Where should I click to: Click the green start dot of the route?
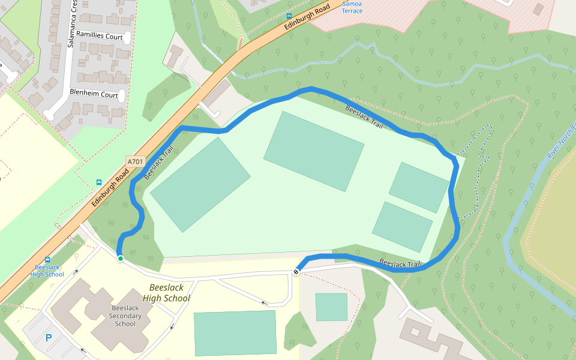(121, 259)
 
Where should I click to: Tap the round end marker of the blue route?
(296, 273)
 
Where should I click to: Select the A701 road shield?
(136, 161)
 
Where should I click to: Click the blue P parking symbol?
(49, 338)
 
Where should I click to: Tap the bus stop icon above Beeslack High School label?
(47, 260)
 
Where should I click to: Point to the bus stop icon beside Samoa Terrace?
(289, 16)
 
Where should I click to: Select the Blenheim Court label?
(94, 95)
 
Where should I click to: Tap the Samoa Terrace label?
(352, 7)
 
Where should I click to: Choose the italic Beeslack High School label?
(166, 293)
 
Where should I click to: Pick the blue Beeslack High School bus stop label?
(47, 271)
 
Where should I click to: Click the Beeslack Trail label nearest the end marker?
(400, 263)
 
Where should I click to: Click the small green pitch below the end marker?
(331, 307)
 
